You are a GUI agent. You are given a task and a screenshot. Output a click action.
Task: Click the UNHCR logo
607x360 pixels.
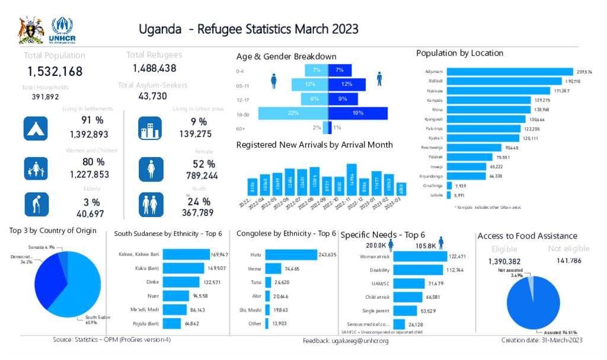pyautogui.click(x=63, y=30)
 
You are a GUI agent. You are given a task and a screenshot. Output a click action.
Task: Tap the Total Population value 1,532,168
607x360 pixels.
pyautogui.click(x=55, y=72)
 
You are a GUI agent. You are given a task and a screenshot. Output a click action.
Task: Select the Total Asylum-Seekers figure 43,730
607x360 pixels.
pyautogui.click(x=152, y=96)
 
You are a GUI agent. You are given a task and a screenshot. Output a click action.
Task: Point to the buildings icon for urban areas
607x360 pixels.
pyautogui.click(x=150, y=128)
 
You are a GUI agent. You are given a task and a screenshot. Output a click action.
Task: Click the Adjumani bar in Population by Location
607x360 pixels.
pyautogui.click(x=510, y=71)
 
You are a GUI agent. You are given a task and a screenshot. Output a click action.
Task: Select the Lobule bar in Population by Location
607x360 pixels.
pyautogui.click(x=449, y=194)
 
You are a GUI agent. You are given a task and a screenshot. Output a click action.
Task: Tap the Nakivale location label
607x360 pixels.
pyautogui.click(x=435, y=90)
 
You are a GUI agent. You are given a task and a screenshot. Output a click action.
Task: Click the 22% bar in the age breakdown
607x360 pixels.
pyautogui.click(x=293, y=113)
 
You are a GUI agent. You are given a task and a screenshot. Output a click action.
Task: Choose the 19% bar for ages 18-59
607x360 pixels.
pyautogui.click(x=358, y=113)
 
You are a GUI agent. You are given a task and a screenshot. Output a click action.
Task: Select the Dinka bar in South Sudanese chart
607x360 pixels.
pyautogui.click(x=181, y=282)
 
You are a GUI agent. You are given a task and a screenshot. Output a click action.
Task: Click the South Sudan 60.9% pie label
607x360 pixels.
pyautogui.click(x=88, y=320)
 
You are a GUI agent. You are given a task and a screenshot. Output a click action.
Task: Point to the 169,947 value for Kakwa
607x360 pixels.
pyautogui.click(x=219, y=254)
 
